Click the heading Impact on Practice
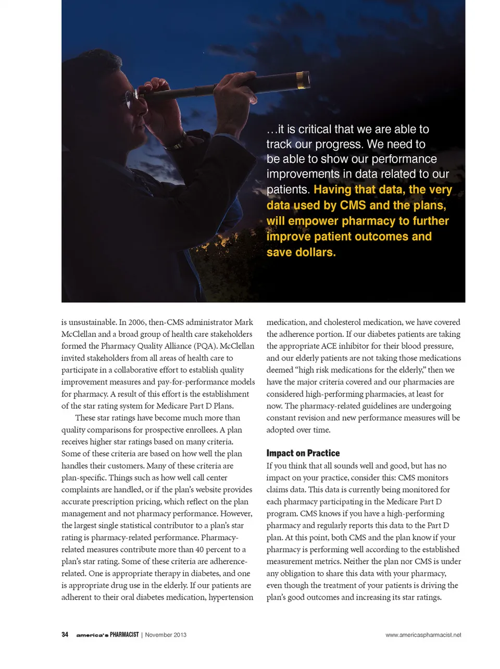click(x=303, y=453)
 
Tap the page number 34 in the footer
click(x=65, y=635)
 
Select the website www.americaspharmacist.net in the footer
click(x=423, y=635)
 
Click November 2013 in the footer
click(x=166, y=635)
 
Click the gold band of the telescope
click(x=301, y=79)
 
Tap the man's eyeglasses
click(x=132, y=96)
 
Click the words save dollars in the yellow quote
click(x=301, y=252)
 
